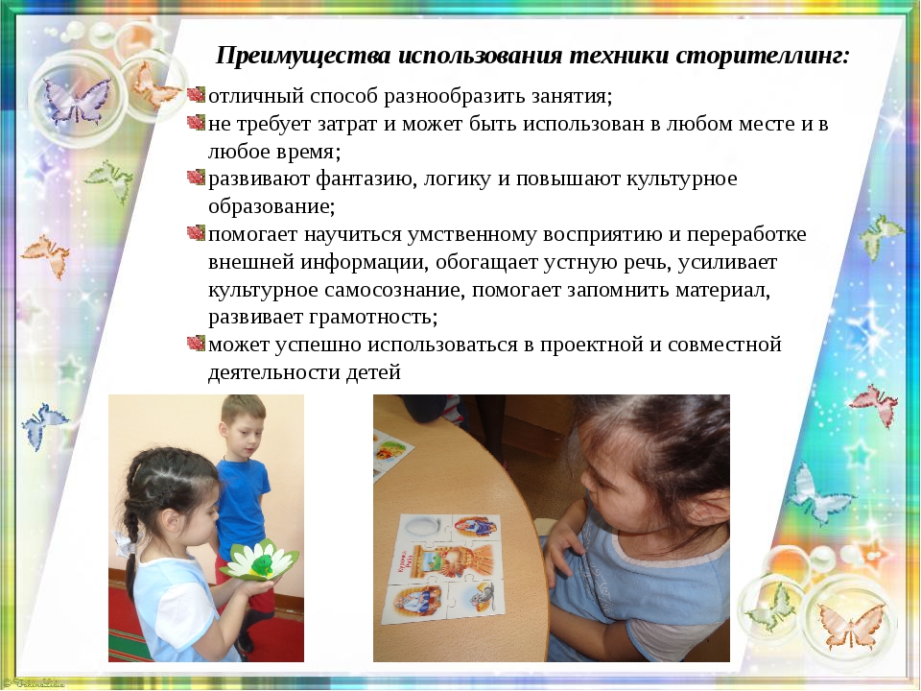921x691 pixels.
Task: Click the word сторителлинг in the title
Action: coord(763,57)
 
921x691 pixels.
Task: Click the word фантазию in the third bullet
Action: coord(365,179)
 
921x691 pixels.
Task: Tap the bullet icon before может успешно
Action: coord(196,343)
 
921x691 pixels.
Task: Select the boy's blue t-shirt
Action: coord(242,499)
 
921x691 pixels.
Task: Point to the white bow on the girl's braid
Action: coord(125,543)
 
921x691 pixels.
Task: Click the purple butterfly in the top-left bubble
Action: coord(77,100)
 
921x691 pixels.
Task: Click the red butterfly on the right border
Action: coord(875,404)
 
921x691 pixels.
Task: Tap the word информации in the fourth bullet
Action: coord(364,263)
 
